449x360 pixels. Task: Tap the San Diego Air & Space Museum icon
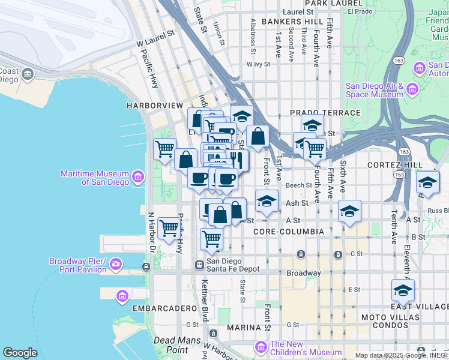(x=412, y=89)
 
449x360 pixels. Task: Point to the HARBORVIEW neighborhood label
(x=154, y=106)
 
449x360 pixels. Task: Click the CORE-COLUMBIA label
(x=289, y=232)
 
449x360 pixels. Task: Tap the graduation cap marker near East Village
(x=403, y=290)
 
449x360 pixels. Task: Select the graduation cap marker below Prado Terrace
(x=312, y=126)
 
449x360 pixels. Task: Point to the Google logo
(x=20, y=353)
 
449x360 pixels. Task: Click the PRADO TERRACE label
(x=325, y=113)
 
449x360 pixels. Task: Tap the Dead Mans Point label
(x=171, y=344)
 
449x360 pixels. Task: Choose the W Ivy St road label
(x=259, y=64)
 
